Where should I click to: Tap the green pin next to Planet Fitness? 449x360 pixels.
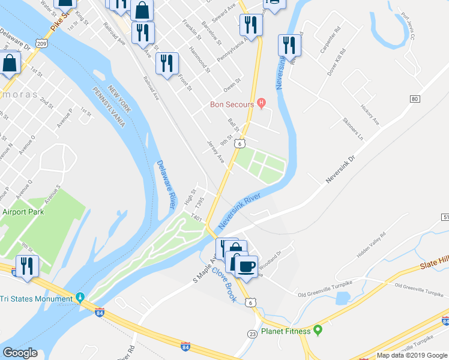pyautogui.click(x=319, y=331)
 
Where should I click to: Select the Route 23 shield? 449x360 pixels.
pyautogui.click(x=253, y=333)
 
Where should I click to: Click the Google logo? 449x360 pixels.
pyautogui.click(x=20, y=353)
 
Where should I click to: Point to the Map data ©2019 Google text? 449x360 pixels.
pyautogui.click(x=412, y=355)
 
